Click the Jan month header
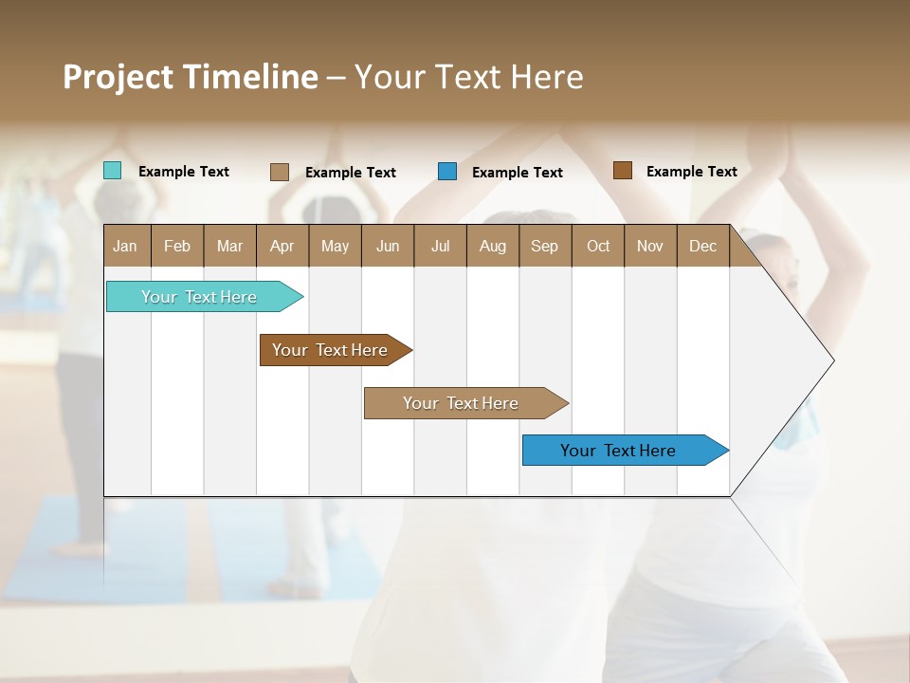(x=126, y=246)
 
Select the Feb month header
(x=177, y=246)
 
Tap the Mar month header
(x=229, y=246)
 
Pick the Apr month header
(x=282, y=246)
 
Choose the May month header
(x=335, y=246)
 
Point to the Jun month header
(x=388, y=246)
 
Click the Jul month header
(x=440, y=246)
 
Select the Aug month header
(x=493, y=246)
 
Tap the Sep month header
(x=545, y=246)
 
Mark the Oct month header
(x=598, y=246)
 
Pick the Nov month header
(x=650, y=246)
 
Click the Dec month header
(x=703, y=246)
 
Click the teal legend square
(x=112, y=171)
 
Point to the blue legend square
(x=447, y=172)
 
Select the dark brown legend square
(x=622, y=171)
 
